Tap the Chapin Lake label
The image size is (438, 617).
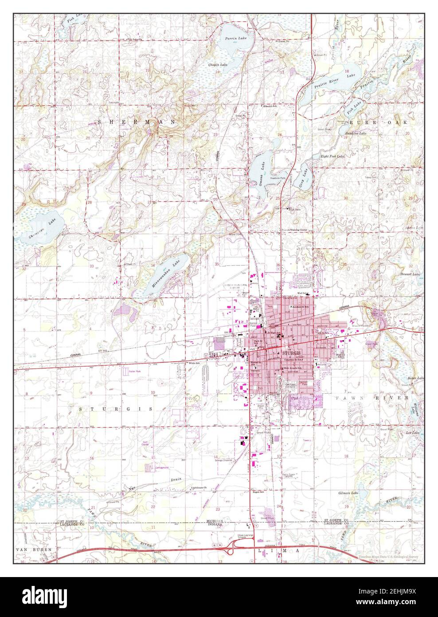tap(218, 65)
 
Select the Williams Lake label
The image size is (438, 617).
tap(417, 405)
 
